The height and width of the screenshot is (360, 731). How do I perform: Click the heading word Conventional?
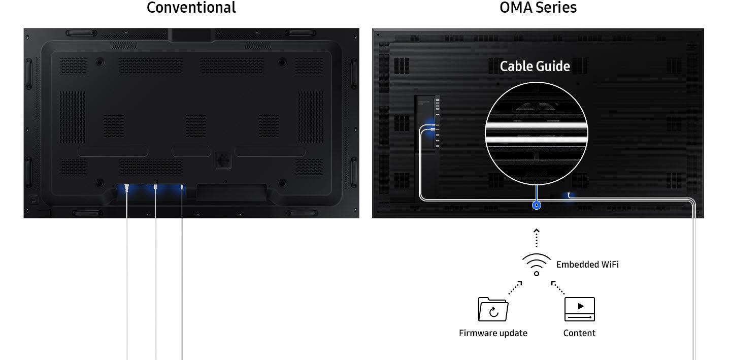pyautogui.click(x=191, y=8)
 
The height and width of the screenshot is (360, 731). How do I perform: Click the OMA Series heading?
pyautogui.click(x=538, y=8)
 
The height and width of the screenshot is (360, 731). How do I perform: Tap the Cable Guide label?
pyautogui.click(x=535, y=67)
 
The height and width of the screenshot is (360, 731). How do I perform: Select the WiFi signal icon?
pyautogui.click(x=536, y=265)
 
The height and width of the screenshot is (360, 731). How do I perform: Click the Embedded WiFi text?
pyautogui.click(x=587, y=265)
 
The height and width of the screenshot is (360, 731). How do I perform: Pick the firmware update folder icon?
pyautogui.click(x=493, y=309)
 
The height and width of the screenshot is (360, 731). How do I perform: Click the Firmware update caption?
pyautogui.click(x=493, y=333)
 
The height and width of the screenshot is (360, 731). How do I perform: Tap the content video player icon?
pyautogui.click(x=579, y=309)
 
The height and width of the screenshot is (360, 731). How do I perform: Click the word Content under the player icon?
pyautogui.click(x=579, y=333)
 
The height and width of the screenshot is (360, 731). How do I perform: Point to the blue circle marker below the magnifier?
pyautogui.click(x=536, y=205)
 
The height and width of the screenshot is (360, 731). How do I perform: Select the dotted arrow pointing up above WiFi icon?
pyautogui.click(x=536, y=238)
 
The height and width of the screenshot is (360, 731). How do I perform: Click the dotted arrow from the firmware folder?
pyautogui.click(x=515, y=287)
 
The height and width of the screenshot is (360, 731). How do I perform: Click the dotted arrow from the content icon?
pyautogui.click(x=558, y=287)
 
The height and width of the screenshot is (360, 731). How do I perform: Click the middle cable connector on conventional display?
pyautogui.click(x=156, y=188)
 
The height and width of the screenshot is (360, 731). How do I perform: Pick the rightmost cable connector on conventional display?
pyautogui.click(x=182, y=188)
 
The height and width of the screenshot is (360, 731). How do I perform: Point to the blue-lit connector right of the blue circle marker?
pyautogui.click(x=569, y=194)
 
